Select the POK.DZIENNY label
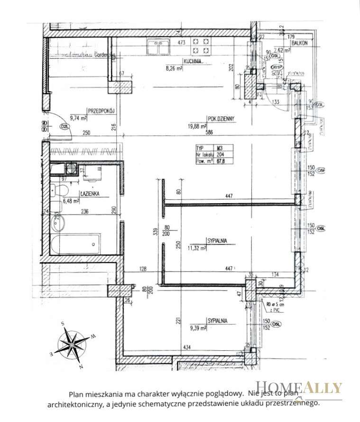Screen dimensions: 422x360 click(222, 118)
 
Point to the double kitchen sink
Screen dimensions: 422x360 click(158, 47)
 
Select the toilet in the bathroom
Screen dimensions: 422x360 click(59, 192)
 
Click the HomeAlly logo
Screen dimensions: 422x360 click(298, 388)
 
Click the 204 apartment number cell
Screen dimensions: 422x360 click(221, 153)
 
